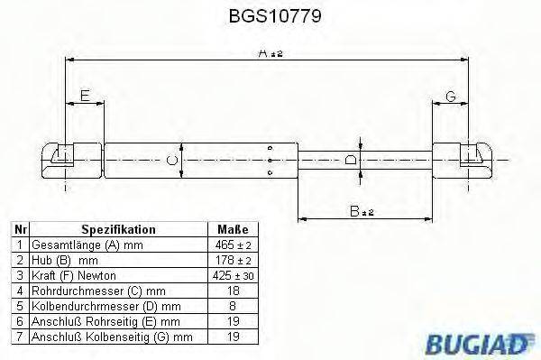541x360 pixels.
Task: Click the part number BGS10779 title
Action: [275, 16]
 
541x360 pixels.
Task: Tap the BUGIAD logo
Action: [479, 344]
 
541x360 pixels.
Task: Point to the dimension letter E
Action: [85, 96]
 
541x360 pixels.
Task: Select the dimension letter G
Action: [451, 97]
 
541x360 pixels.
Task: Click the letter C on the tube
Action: [172, 161]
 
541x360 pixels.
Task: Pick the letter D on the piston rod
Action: [351, 160]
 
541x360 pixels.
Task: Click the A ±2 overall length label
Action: [270, 53]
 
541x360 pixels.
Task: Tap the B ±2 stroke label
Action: [362, 211]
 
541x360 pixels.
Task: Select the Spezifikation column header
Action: [118, 229]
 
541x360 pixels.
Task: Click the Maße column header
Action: [233, 229]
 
